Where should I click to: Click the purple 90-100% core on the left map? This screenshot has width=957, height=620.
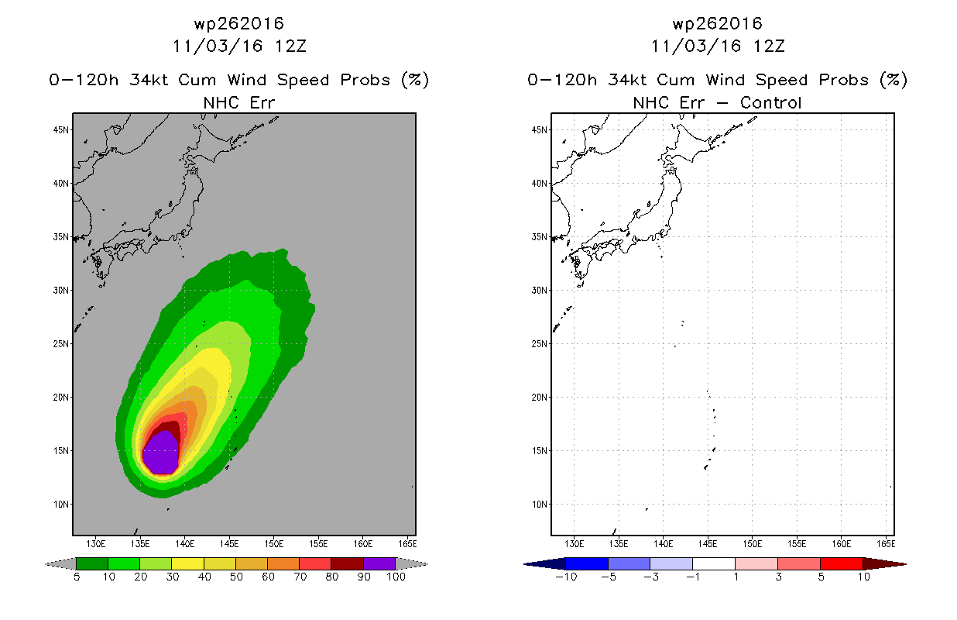(x=160, y=453)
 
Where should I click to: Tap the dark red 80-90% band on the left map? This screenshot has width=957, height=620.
(x=170, y=427)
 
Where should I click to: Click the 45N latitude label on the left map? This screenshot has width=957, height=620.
(x=60, y=130)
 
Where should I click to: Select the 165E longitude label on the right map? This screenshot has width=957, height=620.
(x=886, y=544)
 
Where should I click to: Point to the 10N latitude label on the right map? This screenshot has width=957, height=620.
(x=539, y=505)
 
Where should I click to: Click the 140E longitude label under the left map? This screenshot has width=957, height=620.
(x=184, y=544)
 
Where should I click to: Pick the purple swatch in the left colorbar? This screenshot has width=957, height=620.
(x=379, y=563)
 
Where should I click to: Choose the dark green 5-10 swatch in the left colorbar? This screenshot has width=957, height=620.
(x=92, y=563)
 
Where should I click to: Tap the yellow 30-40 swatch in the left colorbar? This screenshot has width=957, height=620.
(x=187, y=563)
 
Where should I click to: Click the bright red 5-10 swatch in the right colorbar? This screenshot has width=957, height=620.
(x=841, y=563)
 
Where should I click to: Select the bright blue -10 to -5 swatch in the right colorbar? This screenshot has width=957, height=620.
(x=587, y=563)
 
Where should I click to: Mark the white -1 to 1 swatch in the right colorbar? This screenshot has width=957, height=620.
(x=714, y=563)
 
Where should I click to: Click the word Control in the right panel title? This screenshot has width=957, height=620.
(x=770, y=103)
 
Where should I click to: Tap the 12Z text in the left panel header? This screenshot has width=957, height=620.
(x=290, y=46)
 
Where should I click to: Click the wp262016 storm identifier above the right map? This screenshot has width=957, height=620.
(x=718, y=24)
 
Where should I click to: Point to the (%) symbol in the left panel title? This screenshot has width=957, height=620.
(x=415, y=80)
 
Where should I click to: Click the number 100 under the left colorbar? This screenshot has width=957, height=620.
(x=396, y=577)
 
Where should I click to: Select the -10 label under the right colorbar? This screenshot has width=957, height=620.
(x=566, y=577)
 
